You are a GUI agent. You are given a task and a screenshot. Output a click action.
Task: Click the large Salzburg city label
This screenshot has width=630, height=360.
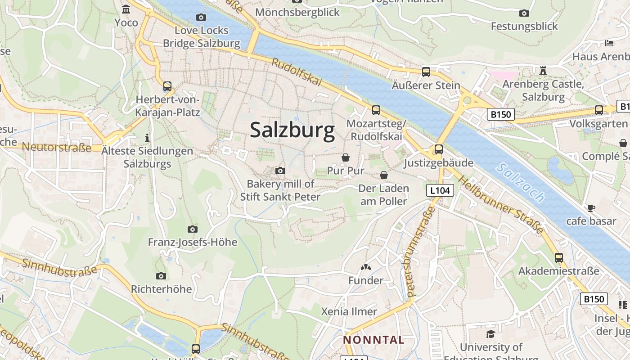pos(292,130)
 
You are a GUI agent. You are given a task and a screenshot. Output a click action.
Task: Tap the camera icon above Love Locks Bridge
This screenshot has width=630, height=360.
pos(201,17)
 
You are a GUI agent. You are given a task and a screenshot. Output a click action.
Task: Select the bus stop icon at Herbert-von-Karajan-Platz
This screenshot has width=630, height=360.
pos(167,86)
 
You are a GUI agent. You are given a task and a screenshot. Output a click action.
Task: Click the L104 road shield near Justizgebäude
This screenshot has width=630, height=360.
pos(440,190)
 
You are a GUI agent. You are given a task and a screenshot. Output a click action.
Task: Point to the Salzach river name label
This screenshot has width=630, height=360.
pos(522,182)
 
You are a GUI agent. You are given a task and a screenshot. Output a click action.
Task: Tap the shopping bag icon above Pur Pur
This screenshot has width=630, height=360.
pos(346,157)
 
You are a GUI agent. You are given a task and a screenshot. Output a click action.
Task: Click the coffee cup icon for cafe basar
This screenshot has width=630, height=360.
pos(591,208)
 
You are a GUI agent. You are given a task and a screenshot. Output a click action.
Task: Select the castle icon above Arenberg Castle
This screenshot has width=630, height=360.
pos(543,71)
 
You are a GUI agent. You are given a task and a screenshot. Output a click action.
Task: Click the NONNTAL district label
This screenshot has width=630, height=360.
pos(374,340)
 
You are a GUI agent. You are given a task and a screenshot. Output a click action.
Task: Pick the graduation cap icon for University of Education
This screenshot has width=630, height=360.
pos(490,334)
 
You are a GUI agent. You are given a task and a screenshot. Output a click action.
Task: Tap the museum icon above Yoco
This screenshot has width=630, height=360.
pos(126,9)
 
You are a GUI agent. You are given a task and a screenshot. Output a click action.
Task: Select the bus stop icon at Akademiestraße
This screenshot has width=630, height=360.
pos(559,258)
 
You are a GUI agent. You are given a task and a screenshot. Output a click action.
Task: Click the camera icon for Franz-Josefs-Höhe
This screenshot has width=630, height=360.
pos(192,229)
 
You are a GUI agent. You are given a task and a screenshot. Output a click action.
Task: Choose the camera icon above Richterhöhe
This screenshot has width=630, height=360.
pos(161,276)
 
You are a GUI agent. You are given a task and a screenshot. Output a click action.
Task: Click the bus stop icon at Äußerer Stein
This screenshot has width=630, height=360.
pos(426,72)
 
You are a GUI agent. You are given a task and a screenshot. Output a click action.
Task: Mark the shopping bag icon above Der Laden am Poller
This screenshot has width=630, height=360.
pos(384,175)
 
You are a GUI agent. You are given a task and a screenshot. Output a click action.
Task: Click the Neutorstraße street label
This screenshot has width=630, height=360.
pos(57,147)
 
